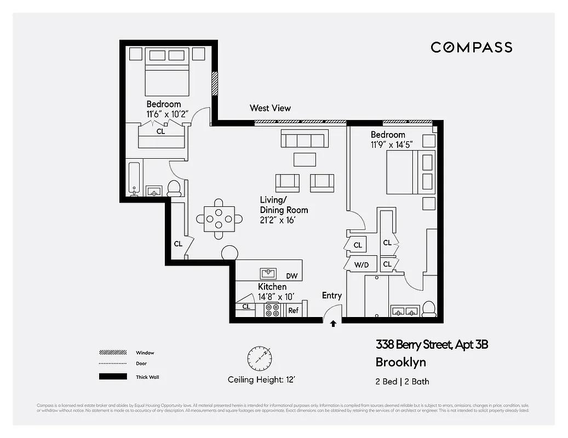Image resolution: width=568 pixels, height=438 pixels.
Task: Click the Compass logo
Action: (x=471, y=47)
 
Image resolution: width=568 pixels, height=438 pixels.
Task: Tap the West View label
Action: (x=270, y=108)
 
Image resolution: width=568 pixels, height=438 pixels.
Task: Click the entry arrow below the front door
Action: (x=333, y=324)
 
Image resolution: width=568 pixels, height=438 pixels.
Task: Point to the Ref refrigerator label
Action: (x=293, y=310)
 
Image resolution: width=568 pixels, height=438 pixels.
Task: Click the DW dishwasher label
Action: (x=291, y=276)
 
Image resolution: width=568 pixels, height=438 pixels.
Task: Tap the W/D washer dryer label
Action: (x=362, y=264)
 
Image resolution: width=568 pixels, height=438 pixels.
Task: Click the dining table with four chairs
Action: (x=219, y=219)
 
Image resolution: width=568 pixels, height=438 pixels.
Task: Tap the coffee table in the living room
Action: (x=305, y=159)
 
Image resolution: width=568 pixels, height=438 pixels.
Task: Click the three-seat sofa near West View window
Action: (x=305, y=139)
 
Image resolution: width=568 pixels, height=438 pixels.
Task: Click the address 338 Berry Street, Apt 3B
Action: (x=432, y=345)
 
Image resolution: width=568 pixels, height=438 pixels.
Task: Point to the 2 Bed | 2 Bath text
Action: (x=403, y=382)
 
